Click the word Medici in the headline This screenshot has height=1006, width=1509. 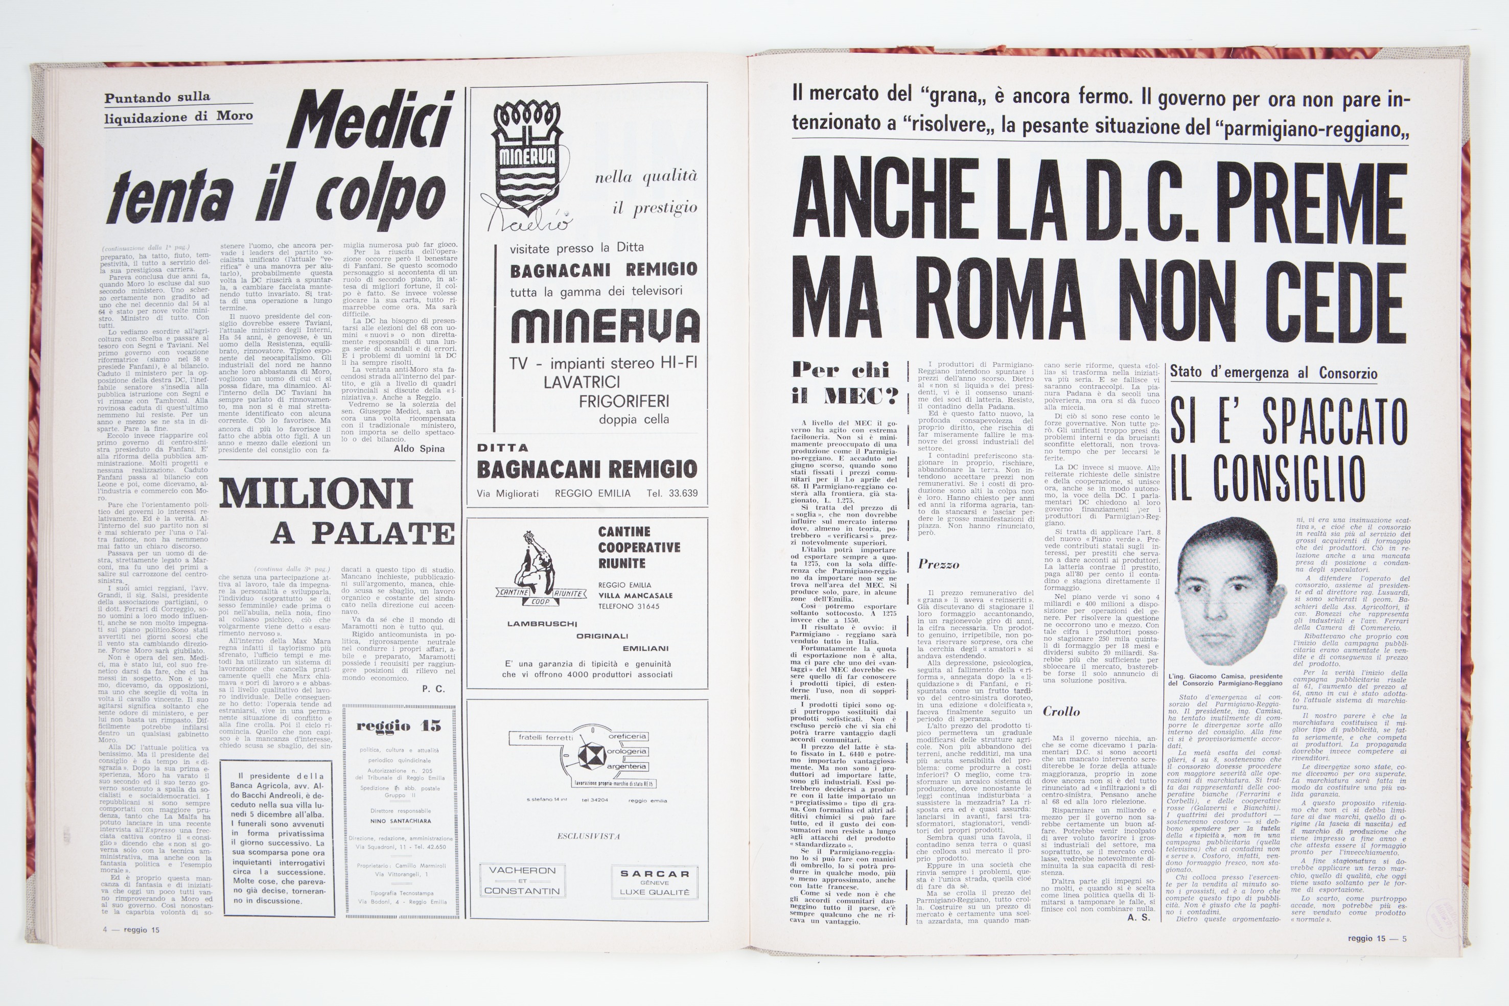[375, 124]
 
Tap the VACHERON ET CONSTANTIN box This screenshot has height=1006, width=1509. [522, 880]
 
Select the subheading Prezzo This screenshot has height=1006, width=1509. [938, 565]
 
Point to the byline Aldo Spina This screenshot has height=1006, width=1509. [419, 449]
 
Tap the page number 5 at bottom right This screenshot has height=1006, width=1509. [1404, 939]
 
